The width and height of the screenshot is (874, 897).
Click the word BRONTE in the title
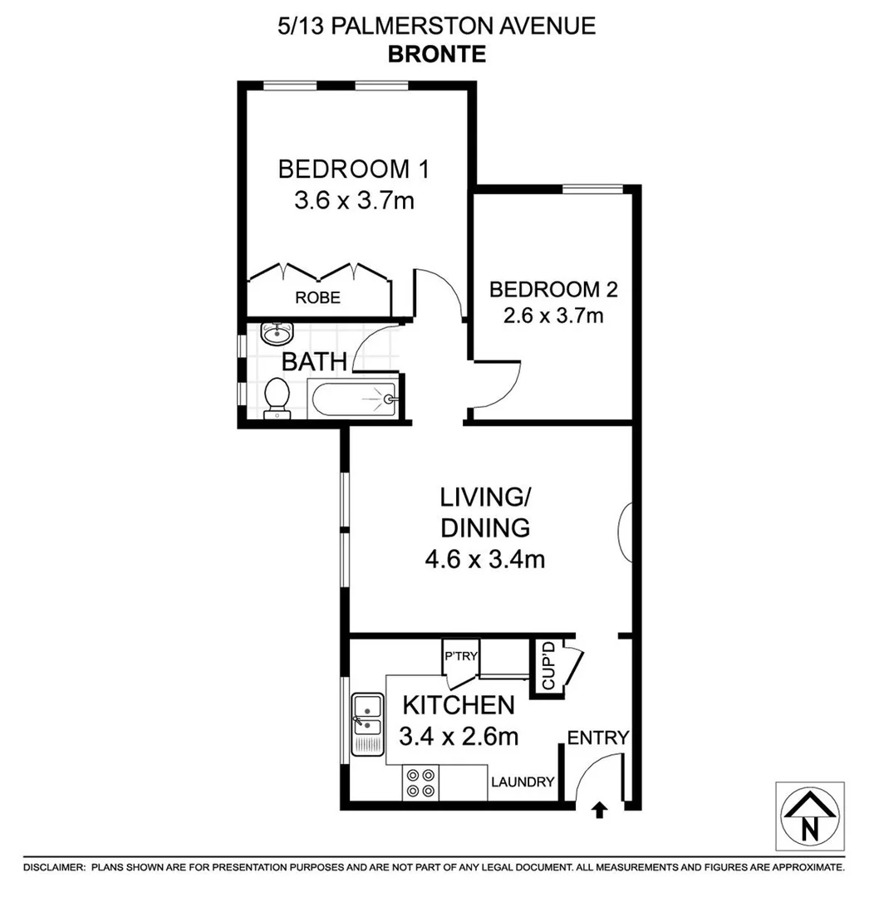tap(436, 54)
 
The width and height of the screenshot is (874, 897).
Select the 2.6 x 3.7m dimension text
tap(553, 316)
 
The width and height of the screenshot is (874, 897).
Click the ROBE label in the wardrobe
tap(318, 297)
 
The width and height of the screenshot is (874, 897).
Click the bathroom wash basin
tap(276, 334)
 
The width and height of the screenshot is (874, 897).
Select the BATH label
tap(313, 362)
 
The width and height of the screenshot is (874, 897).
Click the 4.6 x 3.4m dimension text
tap(484, 559)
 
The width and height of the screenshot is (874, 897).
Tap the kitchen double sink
tap(366, 724)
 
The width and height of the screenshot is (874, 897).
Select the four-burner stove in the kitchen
tap(420, 783)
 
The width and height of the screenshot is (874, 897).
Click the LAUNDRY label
tap(522, 782)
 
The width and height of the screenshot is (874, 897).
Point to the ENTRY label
tap(598, 738)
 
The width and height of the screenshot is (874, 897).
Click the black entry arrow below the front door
tap(599, 811)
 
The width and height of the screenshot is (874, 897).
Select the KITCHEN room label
tap(459, 706)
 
